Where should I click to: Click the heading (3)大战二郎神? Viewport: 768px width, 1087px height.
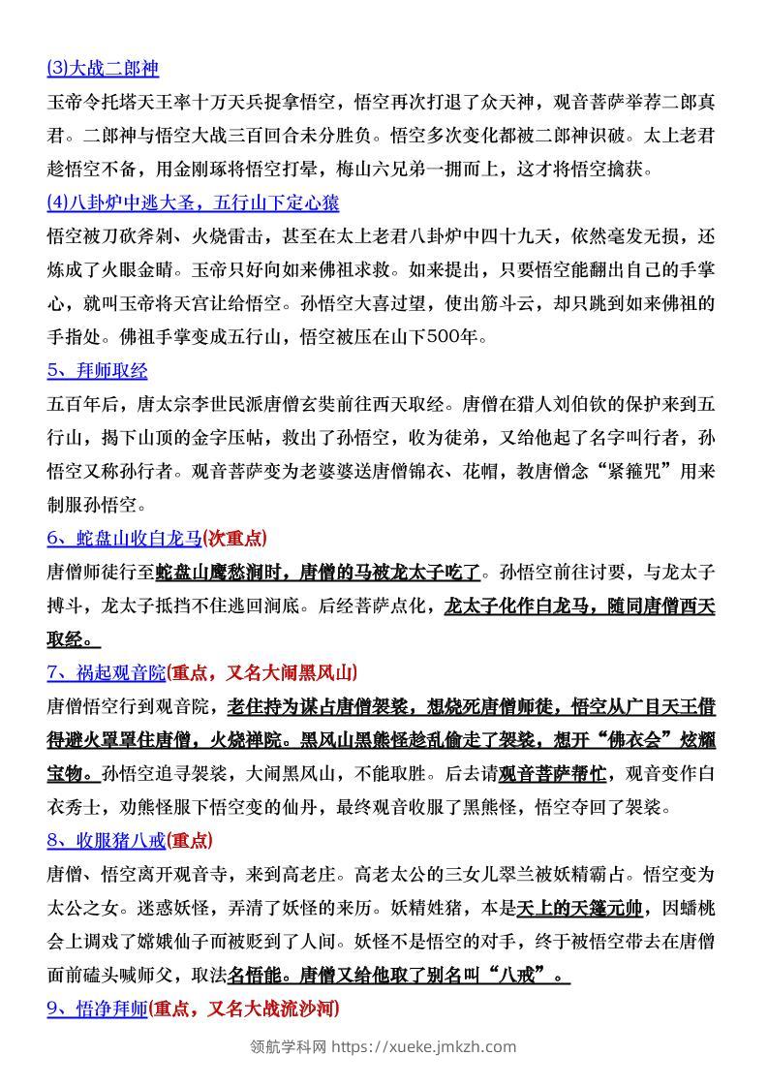102,69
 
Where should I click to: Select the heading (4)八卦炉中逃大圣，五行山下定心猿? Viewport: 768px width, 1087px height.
193,203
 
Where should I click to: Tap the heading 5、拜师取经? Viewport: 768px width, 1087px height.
97,371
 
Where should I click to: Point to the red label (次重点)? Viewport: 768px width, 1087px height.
234,539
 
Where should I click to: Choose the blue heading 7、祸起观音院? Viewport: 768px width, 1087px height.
107,671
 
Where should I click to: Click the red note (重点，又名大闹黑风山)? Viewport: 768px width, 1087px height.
262,671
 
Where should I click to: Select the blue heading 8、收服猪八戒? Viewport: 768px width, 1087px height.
107,840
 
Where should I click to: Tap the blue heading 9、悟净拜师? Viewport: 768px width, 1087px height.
97,1009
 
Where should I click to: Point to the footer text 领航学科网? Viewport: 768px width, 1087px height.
288,1046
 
